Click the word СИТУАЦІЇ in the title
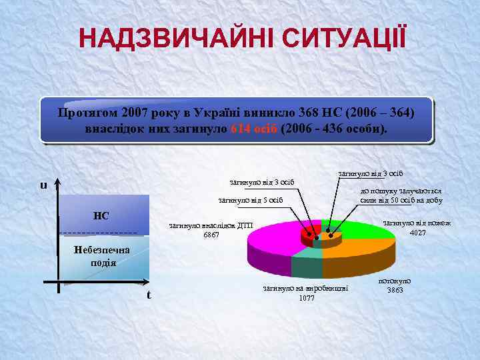tap(342, 38)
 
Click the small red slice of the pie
tap(309, 235)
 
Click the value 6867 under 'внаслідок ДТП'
tap(211, 235)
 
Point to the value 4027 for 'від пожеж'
tap(418, 233)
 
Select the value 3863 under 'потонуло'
tap(395, 290)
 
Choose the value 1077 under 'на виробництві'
tap(307, 298)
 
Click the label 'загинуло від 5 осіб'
tap(251, 199)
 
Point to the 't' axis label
tap(149, 295)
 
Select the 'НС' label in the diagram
tap(101, 215)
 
